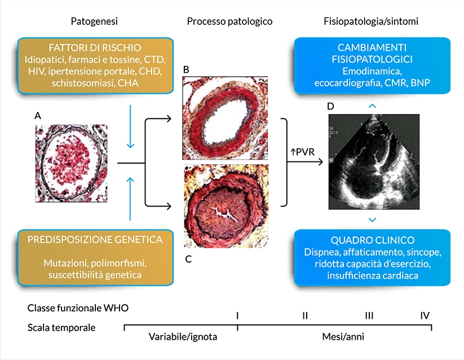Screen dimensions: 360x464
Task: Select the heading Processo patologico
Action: click(x=229, y=21)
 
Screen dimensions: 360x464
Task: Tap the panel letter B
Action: click(x=186, y=69)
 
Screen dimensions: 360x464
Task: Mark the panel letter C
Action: click(x=188, y=259)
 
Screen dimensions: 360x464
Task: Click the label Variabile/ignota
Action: click(x=183, y=336)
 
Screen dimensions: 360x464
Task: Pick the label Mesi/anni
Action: click(x=334, y=336)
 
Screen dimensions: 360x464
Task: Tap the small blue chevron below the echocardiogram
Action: click(x=372, y=219)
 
